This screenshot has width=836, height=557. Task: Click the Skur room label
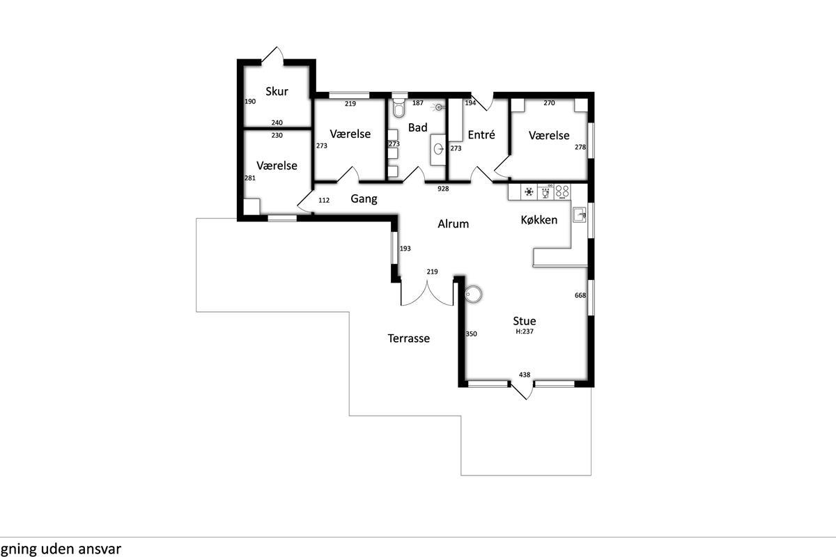(x=277, y=91)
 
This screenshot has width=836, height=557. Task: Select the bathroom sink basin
(x=438, y=149)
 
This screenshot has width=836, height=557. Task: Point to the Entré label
(x=481, y=134)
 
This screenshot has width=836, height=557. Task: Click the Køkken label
(x=539, y=220)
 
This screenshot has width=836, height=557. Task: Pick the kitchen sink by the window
(x=579, y=215)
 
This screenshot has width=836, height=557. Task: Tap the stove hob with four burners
(x=562, y=191)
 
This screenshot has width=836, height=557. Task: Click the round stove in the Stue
(x=473, y=294)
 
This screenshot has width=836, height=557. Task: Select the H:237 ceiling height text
(x=525, y=331)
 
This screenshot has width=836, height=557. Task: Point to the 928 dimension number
(x=443, y=189)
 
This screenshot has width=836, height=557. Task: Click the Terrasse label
(x=409, y=338)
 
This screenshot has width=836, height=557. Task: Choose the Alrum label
(x=453, y=224)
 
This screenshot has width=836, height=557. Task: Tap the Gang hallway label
(x=364, y=199)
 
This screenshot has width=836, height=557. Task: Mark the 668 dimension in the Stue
(x=580, y=295)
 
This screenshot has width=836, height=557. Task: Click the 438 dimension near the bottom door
(x=525, y=375)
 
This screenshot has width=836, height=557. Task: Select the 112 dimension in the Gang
(x=324, y=201)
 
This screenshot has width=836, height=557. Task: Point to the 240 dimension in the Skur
(x=277, y=123)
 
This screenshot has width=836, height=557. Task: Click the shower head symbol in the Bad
(x=439, y=107)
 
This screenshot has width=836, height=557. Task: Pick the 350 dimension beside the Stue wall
(x=472, y=334)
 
